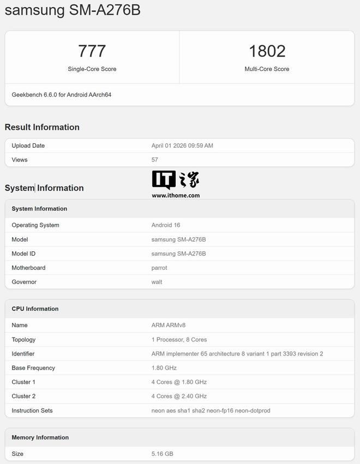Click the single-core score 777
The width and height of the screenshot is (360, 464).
coord(92,51)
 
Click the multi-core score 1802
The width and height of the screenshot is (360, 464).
coord(267,51)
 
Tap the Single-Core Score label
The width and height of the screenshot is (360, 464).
coord(92,69)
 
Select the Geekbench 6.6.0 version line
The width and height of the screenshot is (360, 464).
coord(62,95)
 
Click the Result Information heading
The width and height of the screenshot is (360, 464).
coord(42,127)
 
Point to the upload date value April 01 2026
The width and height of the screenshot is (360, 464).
coord(182,146)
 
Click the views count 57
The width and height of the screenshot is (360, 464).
coord(155,160)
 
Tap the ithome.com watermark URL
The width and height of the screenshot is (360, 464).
coord(176,195)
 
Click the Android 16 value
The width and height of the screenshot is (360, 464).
coord(166,225)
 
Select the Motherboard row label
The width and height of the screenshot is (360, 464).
coord(28,268)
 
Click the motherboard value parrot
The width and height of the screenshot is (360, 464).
coord(159,268)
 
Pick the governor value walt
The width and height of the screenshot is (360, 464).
coord(157,282)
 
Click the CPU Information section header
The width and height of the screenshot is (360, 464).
coord(35,309)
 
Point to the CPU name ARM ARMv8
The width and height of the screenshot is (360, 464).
coord(172,326)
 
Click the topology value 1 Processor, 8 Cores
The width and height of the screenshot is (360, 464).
coord(179,340)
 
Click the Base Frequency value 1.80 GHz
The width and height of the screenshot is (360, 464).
coord(164,368)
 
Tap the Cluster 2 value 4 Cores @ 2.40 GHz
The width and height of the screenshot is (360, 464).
coord(179,396)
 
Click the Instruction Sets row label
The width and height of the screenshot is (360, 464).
coord(32,411)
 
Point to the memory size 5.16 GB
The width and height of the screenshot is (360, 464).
coord(163,454)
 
